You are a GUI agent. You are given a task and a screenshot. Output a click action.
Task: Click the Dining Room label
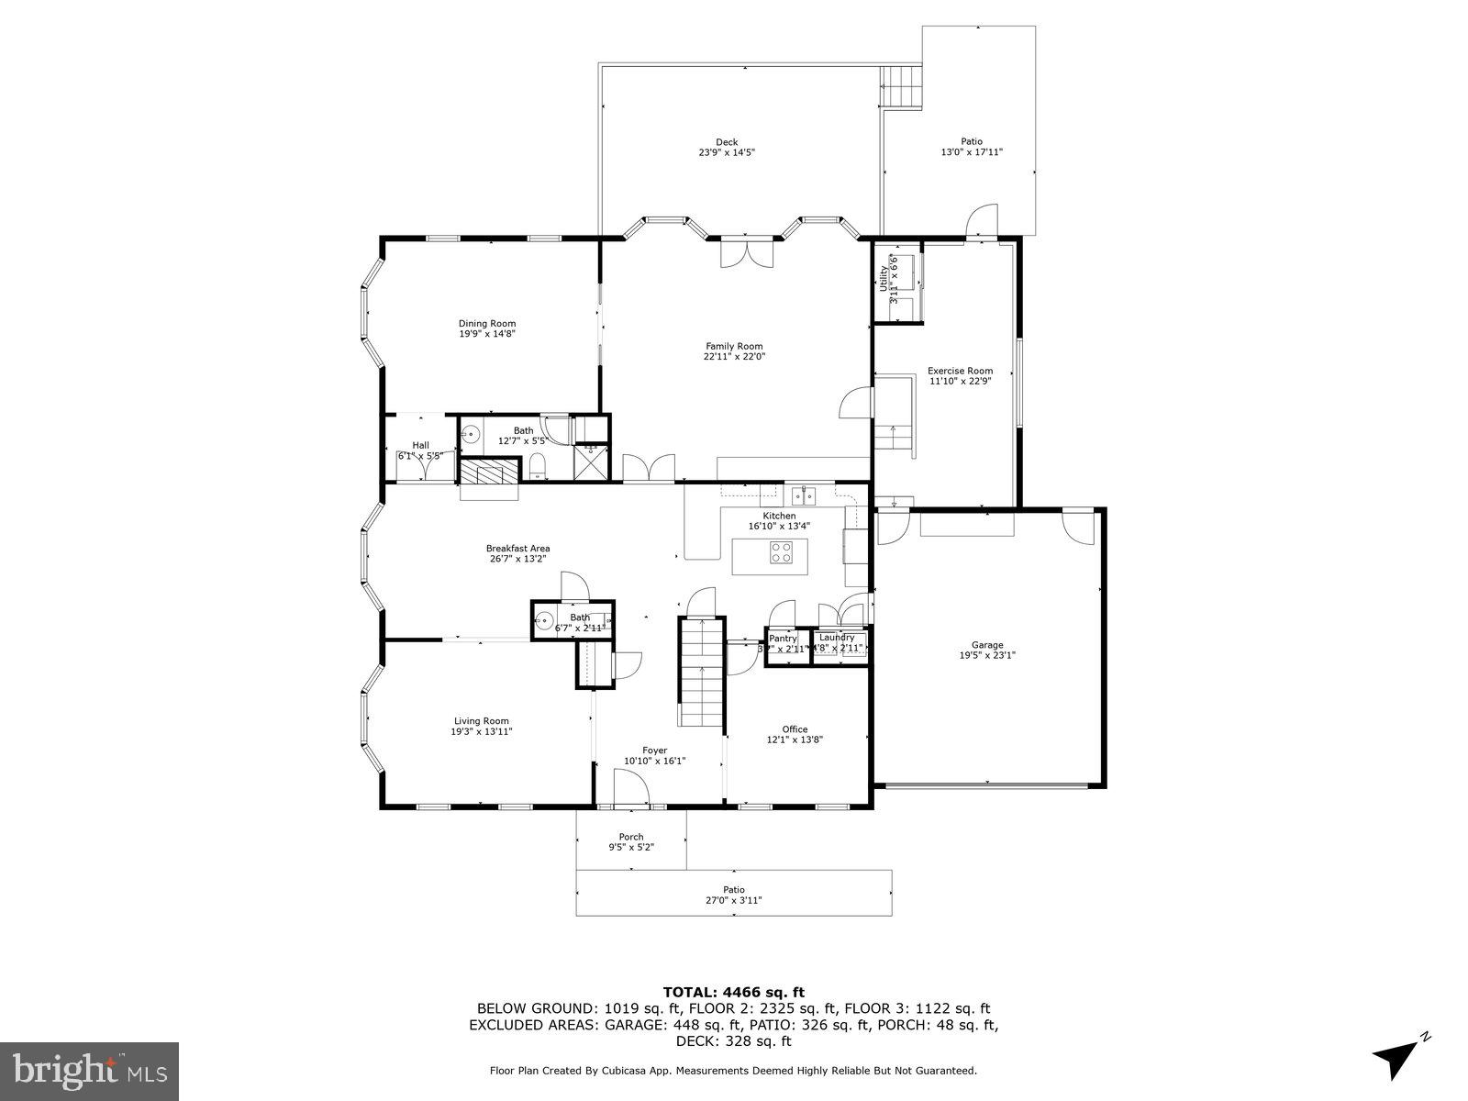487,323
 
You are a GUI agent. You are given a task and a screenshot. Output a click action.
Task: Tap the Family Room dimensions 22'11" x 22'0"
734,357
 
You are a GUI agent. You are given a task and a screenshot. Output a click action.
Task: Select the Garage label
987,644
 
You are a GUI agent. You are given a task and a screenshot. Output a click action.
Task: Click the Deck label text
727,142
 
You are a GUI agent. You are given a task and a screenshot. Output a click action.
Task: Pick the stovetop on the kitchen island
781,552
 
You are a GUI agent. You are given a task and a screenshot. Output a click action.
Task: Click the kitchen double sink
804,496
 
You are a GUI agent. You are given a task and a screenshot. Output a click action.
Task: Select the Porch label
630,836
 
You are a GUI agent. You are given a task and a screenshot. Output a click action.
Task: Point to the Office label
795,729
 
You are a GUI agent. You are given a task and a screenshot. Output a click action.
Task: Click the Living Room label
481,720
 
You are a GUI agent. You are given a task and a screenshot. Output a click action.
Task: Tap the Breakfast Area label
517,549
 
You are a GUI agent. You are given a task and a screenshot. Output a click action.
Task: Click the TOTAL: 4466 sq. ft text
733,992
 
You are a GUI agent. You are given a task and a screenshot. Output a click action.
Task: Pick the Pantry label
783,638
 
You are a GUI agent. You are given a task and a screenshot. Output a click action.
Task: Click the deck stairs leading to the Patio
901,88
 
